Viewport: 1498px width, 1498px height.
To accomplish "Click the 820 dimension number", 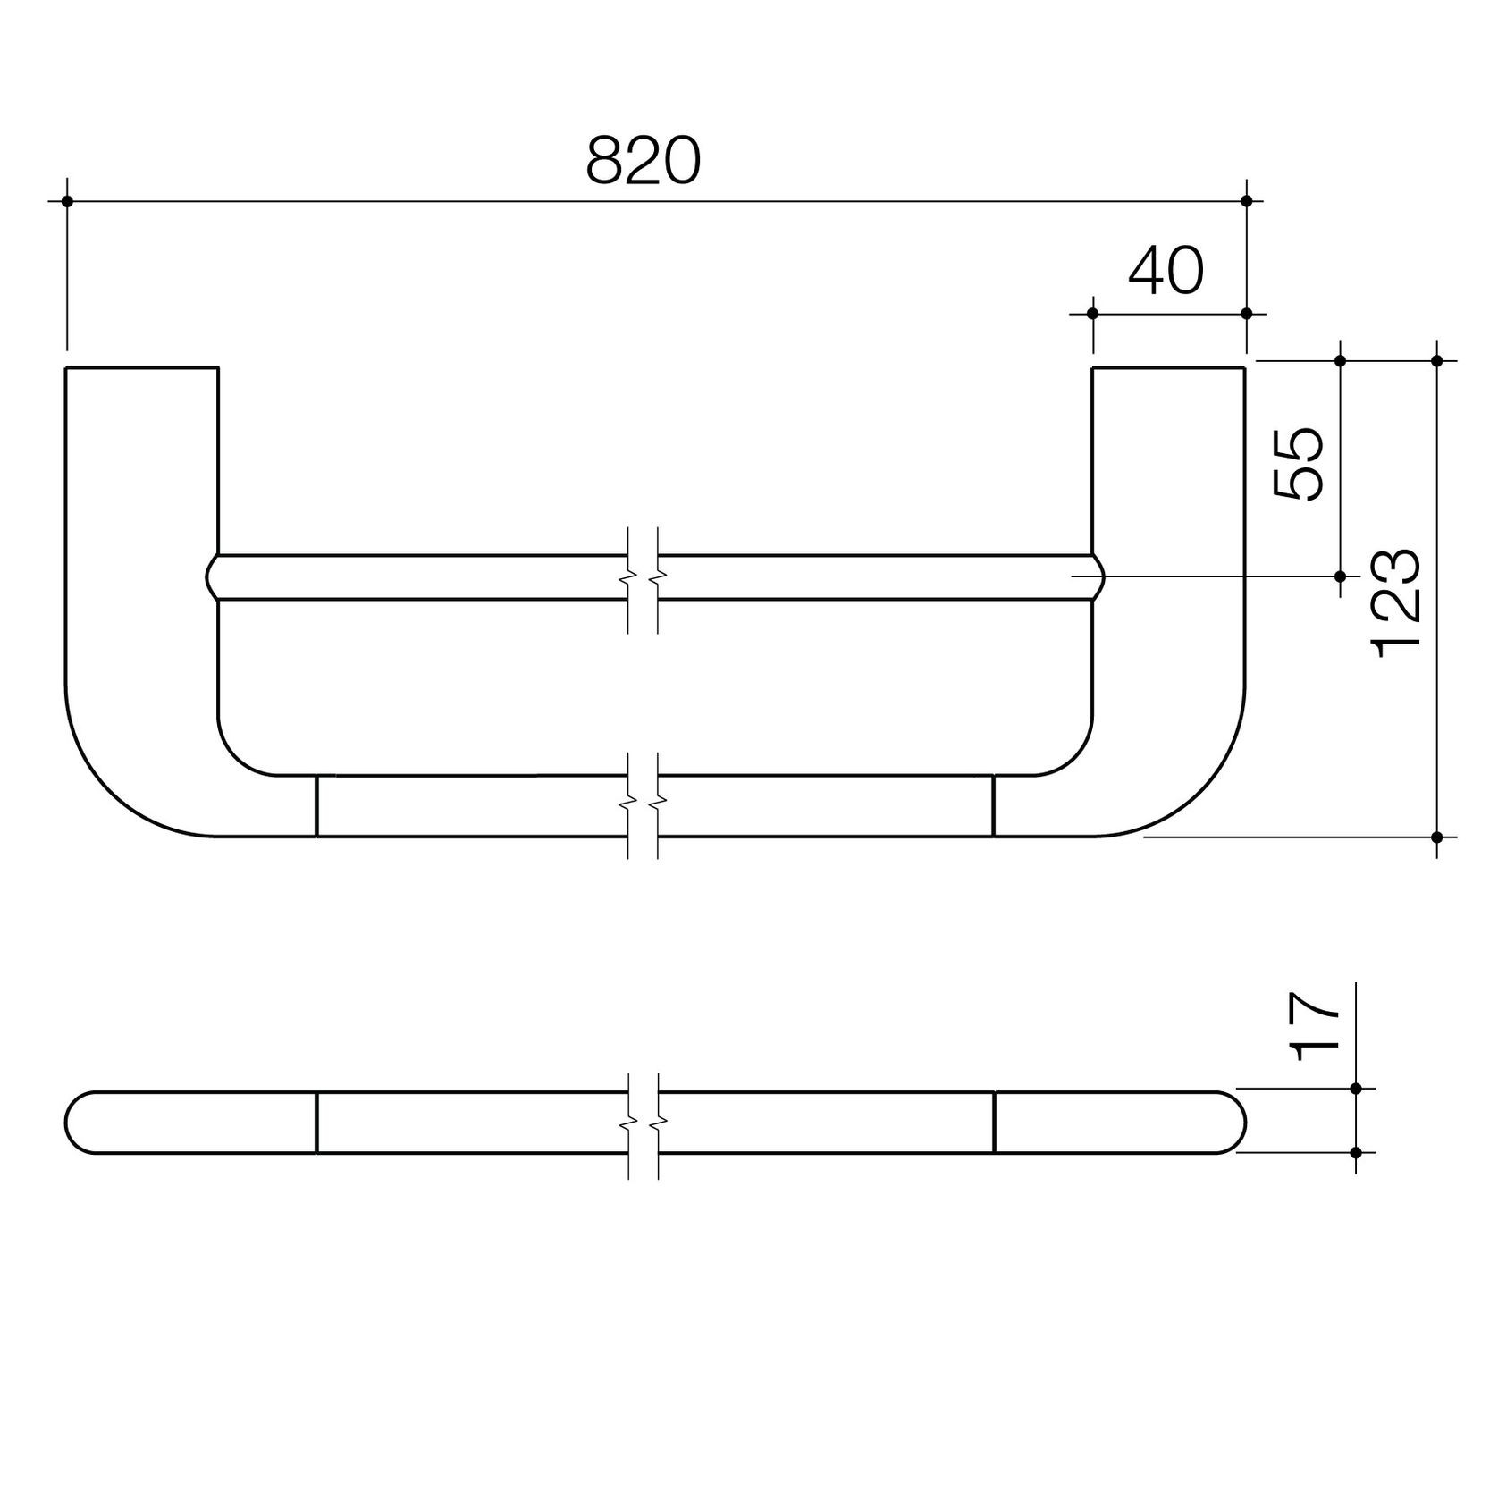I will click(x=644, y=162).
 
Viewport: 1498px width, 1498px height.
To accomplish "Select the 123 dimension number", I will click(x=1396, y=604).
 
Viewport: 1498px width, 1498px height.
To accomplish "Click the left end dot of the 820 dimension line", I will click(x=67, y=201).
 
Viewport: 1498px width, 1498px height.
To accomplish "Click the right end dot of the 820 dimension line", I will click(x=1247, y=201).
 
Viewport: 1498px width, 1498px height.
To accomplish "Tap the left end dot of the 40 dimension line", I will click(x=1092, y=313).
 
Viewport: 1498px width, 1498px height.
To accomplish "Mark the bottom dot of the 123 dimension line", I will click(x=1437, y=837).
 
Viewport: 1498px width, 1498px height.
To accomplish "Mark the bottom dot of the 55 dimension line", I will click(x=1340, y=576).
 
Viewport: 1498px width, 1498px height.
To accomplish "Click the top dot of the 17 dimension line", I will click(x=1356, y=1089).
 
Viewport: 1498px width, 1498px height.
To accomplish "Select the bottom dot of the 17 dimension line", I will click(x=1356, y=1153).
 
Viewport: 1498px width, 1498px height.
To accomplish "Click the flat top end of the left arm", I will click(x=142, y=367).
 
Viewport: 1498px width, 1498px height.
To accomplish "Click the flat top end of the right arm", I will click(x=1168, y=367).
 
